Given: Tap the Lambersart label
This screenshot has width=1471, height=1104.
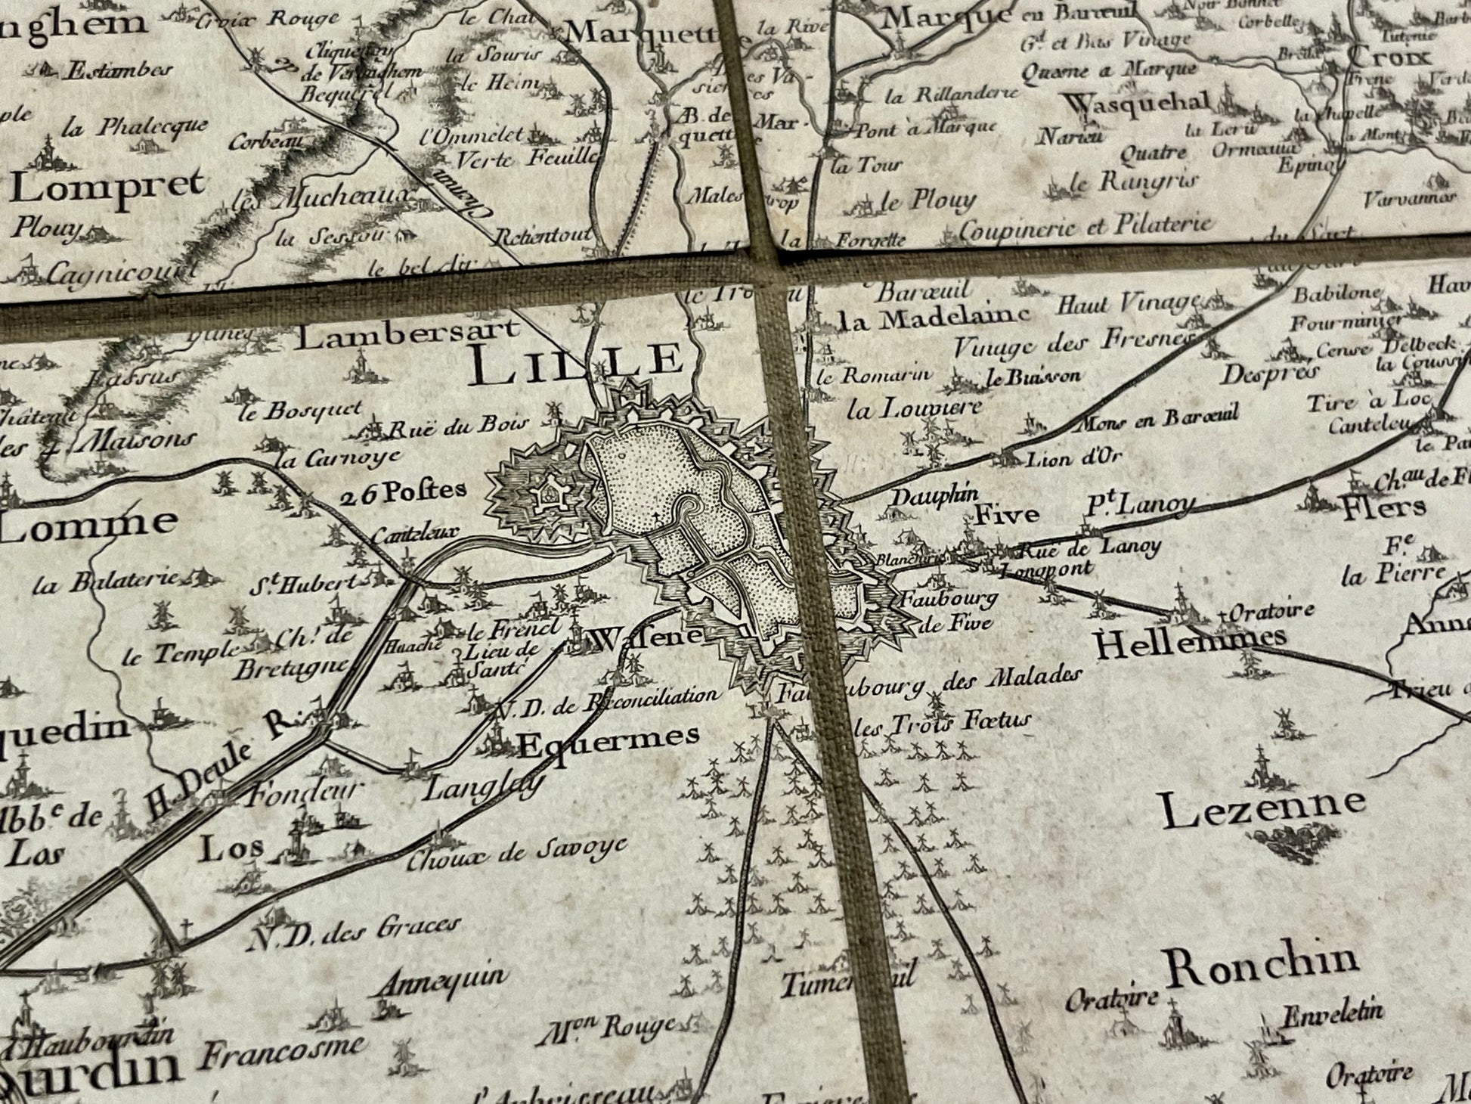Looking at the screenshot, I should (x=407, y=333).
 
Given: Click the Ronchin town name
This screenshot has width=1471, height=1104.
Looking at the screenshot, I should (x=1260, y=966).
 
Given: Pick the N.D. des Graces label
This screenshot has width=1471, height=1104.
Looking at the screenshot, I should (x=354, y=931).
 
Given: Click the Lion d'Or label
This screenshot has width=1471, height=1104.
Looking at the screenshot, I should (x=1073, y=457).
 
